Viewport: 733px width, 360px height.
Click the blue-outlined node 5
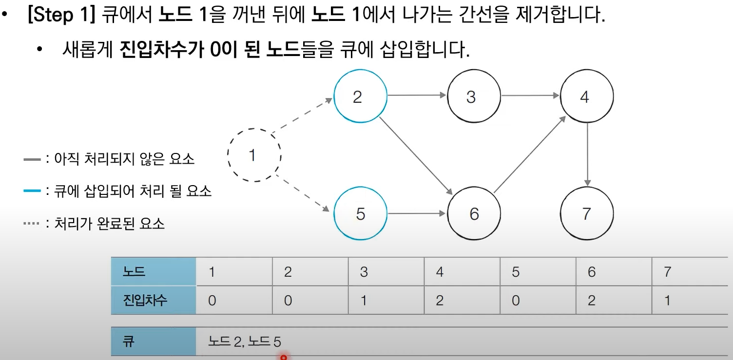(x=360, y=213)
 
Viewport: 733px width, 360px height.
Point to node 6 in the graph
(x=474, y=213)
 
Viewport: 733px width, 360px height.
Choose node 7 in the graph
(x=587, y=213)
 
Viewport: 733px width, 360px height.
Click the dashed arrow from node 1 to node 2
(x=302, y=116)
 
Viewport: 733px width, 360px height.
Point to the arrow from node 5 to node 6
(x=417, y=213)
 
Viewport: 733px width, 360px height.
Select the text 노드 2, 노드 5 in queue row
(x=245, y=341)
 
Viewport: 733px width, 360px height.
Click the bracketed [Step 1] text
(x=61, y=16)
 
